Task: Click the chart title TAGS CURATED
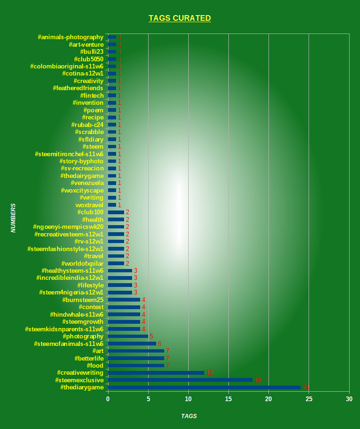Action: [x=180, y=18]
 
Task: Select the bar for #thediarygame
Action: [x=204, y=387]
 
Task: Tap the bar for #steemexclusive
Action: [x=180, y=380]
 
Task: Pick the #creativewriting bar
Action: [x=156, y=373]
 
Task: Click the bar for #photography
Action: [x=128, y=336]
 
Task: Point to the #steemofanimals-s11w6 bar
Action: [x=132, y=344]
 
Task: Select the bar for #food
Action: [x=136, y=366]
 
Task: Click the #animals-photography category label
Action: [x=71, y=37]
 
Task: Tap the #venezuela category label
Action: [x=87, y=183]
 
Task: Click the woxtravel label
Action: [x=90, y=205]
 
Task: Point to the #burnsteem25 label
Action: [x=83, y=300]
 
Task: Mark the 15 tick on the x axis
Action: [x=228, y=399]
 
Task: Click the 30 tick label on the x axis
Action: [x=349, y=399]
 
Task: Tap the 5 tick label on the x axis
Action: [x=148, y=399]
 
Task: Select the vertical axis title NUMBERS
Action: [x=14, y=218]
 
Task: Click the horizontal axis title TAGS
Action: [x=189, y=416]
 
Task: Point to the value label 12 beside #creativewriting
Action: [x=209, y=373]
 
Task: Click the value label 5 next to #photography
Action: [x=151, y=336]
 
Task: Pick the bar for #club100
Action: [x=116, y=212]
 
